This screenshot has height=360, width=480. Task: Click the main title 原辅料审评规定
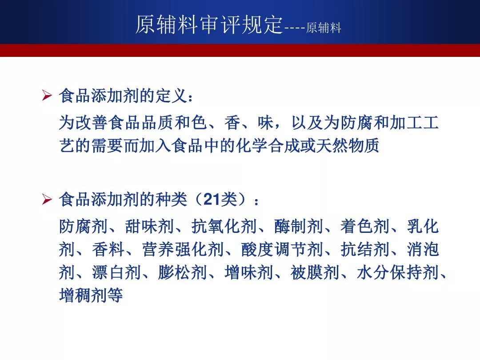pos(209,24)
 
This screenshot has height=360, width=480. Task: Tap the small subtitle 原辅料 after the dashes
pos(324,28)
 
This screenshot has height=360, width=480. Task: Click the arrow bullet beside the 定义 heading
pos(47,96)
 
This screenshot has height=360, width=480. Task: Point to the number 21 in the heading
pos(212,200)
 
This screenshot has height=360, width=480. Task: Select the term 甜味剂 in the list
pos(149,227)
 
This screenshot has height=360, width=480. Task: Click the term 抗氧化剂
pos(224,227)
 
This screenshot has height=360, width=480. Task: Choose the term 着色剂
pos(364,227)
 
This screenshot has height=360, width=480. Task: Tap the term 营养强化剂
pos(183,249)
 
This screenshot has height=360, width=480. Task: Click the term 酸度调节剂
pos(282,249)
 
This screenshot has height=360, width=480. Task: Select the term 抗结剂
pos(364,249)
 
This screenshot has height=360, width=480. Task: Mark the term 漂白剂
pos(116,272)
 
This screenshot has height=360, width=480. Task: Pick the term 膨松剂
pos(183,272)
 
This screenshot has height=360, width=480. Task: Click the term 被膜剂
pos(315,272)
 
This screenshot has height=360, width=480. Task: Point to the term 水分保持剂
pos(398,272)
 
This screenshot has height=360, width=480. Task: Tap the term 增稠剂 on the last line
pos(83,295)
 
